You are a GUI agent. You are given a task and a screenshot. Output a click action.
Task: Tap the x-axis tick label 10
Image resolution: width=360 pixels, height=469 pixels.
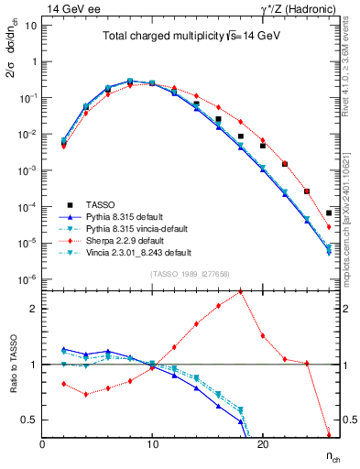152,443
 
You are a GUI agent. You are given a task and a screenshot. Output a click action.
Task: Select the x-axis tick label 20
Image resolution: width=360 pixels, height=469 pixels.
262,443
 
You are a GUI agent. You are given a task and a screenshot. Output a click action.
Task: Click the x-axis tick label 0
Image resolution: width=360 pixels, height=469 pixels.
42,443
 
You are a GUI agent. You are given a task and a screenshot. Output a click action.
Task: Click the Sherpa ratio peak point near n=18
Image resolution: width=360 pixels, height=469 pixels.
240,291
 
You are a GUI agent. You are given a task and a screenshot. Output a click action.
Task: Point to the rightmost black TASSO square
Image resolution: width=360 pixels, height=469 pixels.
328,213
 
